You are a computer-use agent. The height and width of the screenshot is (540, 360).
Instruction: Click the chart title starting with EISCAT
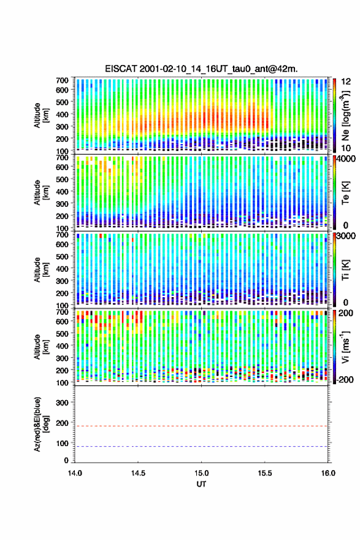[x=201, y=69]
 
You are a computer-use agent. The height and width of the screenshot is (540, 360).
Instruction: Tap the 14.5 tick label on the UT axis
[x=138, y=473]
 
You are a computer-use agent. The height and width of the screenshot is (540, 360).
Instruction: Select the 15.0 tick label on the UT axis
[x=201, y=473]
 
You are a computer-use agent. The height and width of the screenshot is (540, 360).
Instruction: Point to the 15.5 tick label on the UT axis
[x=265, y=473]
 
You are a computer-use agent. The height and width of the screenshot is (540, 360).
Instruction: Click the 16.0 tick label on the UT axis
[x=328, y=473]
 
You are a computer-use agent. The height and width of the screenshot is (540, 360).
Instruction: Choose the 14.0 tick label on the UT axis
[x=75, y=473]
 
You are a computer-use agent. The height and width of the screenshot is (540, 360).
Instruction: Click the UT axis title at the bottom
[x=201, y=484]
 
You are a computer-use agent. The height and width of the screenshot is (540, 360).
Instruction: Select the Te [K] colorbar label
[x=345, y=193]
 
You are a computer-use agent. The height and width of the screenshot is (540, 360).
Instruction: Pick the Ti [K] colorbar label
[x=345, y=269]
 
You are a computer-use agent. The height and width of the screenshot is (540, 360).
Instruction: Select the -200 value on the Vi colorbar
[x=343, y=379]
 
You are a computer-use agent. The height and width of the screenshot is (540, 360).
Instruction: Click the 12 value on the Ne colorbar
[x=346, y=82]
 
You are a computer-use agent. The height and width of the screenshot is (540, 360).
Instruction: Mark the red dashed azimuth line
[x=201, y=426]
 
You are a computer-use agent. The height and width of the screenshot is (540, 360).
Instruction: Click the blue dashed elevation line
[x=201, y=446]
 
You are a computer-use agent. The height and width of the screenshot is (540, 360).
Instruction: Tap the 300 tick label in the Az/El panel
[x=63, y=403]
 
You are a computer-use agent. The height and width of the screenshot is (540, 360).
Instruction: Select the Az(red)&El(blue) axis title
[x=41, y=424]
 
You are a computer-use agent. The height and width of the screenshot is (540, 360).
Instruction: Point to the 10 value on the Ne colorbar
[x=346, y=148]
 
